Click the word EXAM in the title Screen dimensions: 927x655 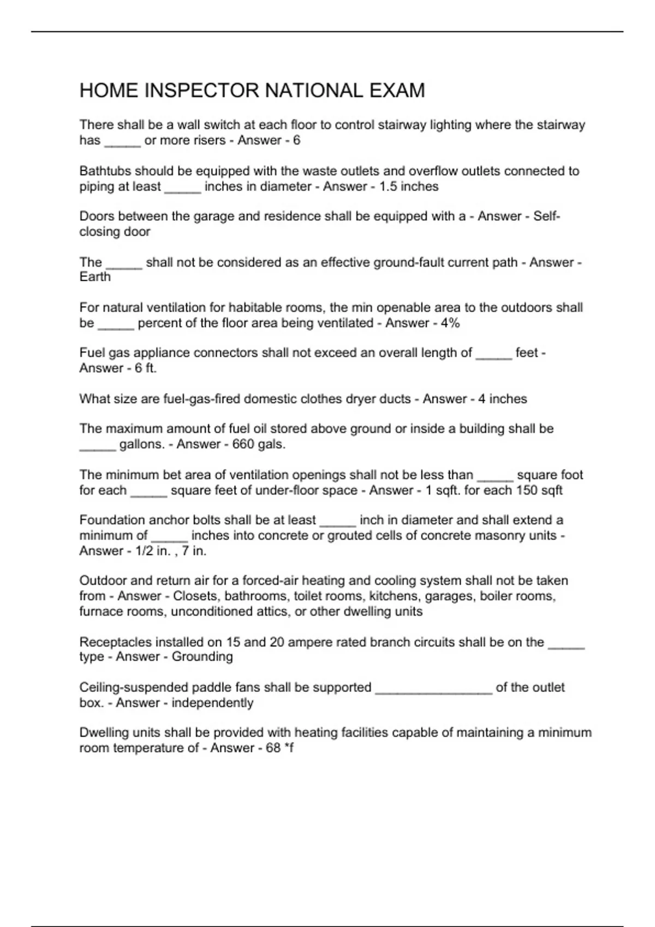(397, 91)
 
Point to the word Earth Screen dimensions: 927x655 (95, 277)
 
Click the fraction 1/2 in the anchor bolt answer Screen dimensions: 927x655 (144, 551)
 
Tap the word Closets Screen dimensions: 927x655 (195, 596)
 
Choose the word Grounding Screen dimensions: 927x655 (202, 657)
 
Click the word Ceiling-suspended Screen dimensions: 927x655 (133, 688)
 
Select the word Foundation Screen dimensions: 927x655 (112, 520)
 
